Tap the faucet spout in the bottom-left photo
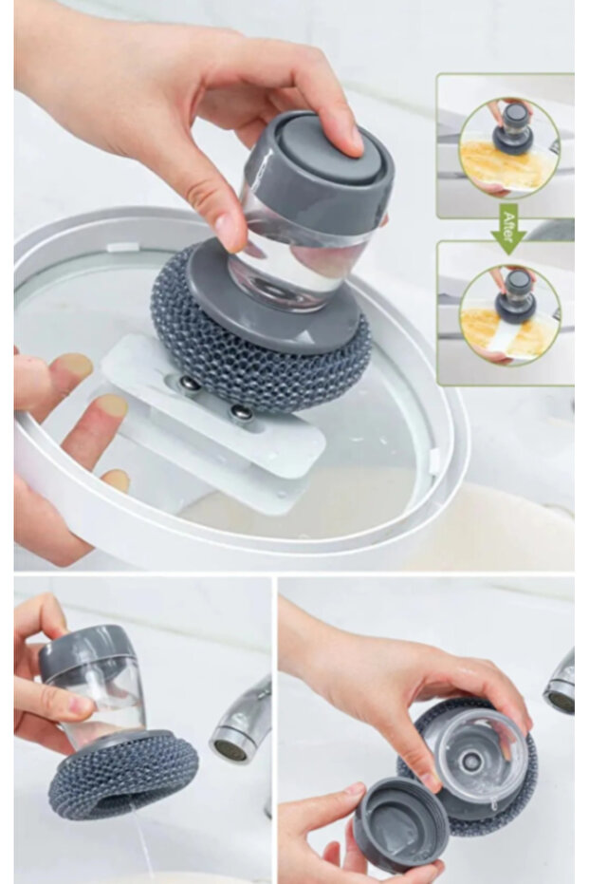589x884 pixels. pos(239,726)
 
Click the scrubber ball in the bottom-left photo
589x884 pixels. pos(123,774)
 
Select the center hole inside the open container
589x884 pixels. pos(470,760)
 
